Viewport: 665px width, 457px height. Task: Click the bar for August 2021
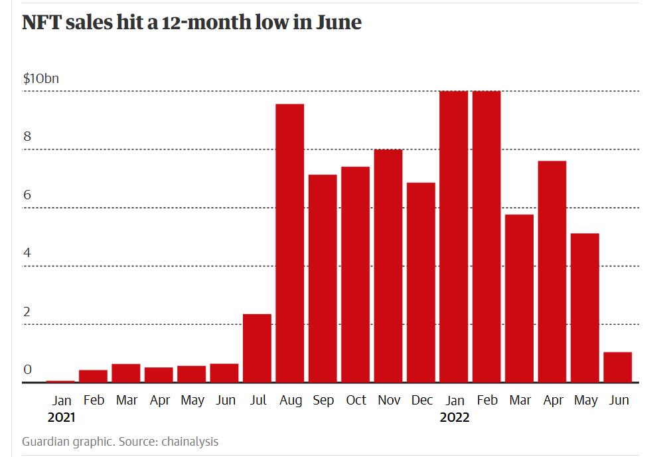290,243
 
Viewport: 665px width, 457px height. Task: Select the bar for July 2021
257,348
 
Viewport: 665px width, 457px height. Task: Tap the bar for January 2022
453,236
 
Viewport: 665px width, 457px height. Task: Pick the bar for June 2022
617,367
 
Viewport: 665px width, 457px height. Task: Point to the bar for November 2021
388,266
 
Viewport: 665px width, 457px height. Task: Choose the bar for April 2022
552,272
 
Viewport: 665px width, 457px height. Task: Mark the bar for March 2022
519,298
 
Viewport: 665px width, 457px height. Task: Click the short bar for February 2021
93,376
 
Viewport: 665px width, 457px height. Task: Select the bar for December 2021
421,282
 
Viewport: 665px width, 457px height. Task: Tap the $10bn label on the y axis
41,78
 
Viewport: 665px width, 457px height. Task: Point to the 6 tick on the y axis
27,195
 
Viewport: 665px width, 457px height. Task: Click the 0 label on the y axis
27,370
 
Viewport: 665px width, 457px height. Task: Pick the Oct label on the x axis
356,401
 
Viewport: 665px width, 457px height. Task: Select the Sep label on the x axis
323,401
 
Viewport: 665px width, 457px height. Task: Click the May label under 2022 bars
585,401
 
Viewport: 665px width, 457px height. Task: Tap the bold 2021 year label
61,418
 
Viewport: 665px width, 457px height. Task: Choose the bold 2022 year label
455,418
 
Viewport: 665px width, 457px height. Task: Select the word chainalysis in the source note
190,442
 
